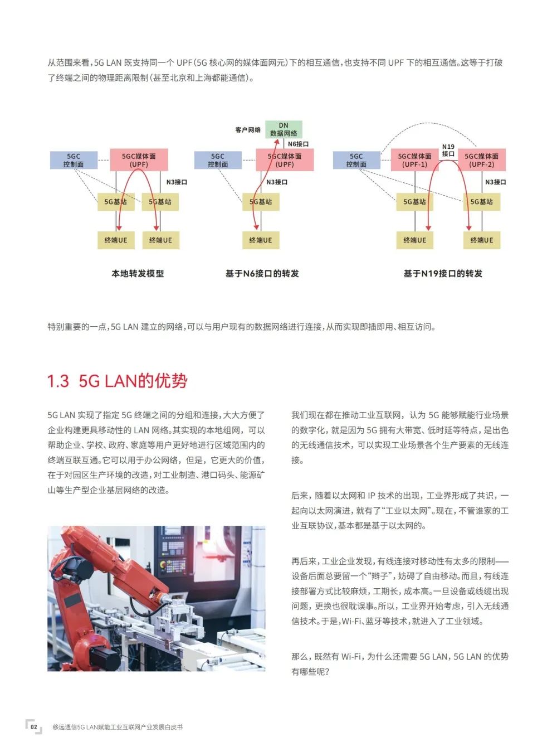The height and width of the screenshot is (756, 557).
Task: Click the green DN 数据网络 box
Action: click(x=284, y=129)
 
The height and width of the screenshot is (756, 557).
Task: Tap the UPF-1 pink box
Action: click(x=414, y=160)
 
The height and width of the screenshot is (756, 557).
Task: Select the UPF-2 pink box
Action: click(x=481, y=160)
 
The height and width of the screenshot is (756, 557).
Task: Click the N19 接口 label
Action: click(x=448, y=151)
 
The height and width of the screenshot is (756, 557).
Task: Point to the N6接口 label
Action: click(x=298, y=144)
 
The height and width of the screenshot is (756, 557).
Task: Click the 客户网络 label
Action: click(x=248, y=130)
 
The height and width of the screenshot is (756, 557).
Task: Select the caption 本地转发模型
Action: click(x=138, y=273)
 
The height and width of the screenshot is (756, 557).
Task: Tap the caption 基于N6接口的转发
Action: click(x=262, y=273)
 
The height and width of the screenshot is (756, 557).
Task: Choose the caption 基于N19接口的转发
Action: click(x=443, y=273)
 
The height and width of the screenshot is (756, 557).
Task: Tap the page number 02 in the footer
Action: click(x=34, y=727)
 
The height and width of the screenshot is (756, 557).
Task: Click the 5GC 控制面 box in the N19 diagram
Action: click(x=356, y=160)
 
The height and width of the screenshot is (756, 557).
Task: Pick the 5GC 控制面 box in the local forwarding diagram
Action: click(x=74, y=160)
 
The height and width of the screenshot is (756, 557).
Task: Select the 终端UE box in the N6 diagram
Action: click(x=261, y=240)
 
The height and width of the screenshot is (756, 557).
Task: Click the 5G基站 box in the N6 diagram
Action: click(x=261, y=202)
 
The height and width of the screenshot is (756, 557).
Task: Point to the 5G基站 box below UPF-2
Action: click(x=481, y=202)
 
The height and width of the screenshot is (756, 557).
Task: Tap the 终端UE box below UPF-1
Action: click(x=414, y=240)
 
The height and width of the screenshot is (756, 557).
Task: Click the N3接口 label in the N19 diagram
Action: click(x=495, y=182)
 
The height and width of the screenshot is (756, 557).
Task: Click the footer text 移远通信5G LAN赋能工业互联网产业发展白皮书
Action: click(x=118, y=727)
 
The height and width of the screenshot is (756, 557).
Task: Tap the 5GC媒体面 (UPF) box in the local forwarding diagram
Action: click(x=139, y=160)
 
